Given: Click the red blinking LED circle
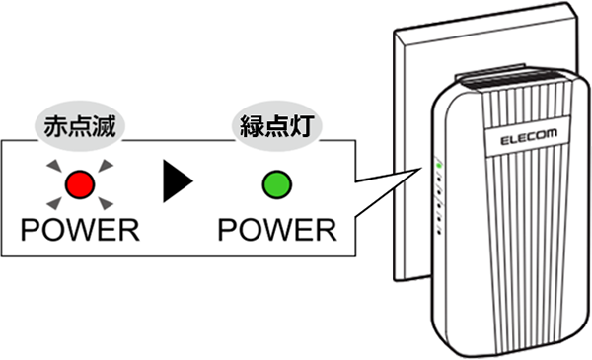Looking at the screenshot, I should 79,183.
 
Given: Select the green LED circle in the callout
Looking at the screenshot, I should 275,183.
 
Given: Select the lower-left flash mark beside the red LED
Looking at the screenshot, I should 55,204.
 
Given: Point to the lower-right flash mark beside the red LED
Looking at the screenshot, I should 104,204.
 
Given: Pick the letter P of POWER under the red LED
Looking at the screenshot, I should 32,230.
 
